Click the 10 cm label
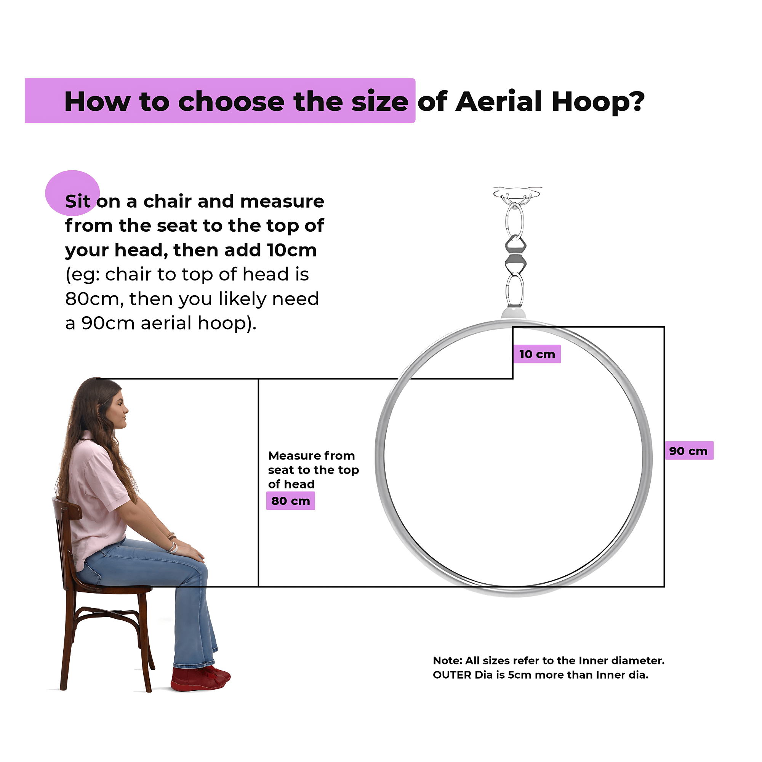pyautogui.click(x=537, y=354)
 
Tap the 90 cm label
pyautogui.click(x=688, y=450)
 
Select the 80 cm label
pyautogui.click(x=291, y=501)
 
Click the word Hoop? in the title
pyautogui.click(x=598, y=102)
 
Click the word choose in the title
pyautogui.click(x=231, y=102)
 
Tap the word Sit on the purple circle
pyautogui.click(x=78, y=201)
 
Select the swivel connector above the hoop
pyautogui.click(x=515, y=255)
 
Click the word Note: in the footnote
pyautogui.click(x=447, y=661)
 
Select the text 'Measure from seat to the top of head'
pyautogui.click(x=314, y=470)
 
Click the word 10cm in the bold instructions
pyautogui.click(x=292, y=250)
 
